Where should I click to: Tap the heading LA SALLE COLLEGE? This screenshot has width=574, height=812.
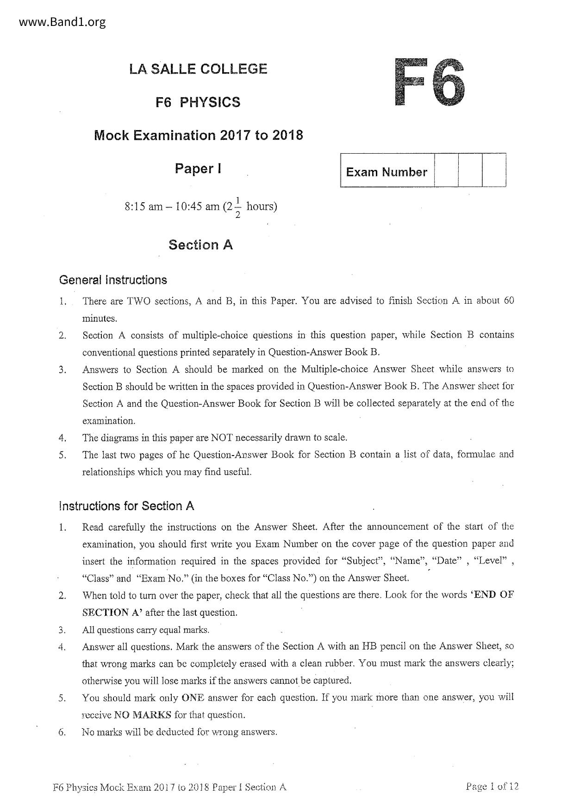[198, 69]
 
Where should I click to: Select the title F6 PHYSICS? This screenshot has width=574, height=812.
[198, 102]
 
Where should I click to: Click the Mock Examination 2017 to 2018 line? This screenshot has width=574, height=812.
[198, 136]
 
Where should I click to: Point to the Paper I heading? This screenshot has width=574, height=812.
[198, 169]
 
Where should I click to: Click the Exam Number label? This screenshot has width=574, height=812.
[387, 172]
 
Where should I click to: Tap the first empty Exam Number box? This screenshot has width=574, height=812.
[446, 170]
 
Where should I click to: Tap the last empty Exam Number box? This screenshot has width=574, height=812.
[494, 170]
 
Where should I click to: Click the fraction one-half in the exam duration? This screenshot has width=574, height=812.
[238, 207]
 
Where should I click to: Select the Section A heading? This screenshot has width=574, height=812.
[200, 244]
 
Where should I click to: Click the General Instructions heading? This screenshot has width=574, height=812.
[113, 280]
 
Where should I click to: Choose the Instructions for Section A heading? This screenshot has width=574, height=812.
[126, 506]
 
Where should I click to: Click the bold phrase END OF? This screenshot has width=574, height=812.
[494, 595]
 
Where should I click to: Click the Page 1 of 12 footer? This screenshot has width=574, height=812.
[493, 786]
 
